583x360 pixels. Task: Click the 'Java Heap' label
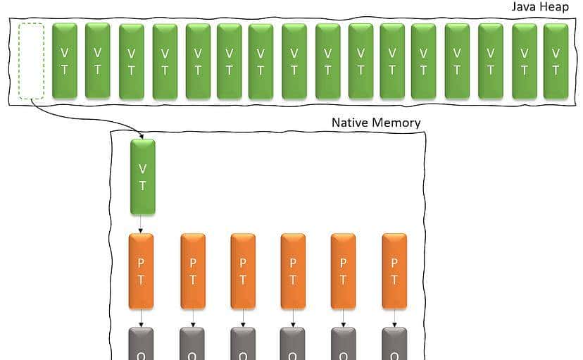pos(539,8)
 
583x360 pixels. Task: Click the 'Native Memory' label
pos(376,123)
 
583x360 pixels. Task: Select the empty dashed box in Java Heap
pos(31,61)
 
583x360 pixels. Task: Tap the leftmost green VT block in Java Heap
pos(64,61)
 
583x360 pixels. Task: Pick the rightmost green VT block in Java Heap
pos(556,61)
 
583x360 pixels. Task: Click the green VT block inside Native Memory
pos(143,177)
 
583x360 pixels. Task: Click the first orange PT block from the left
pos(141,271)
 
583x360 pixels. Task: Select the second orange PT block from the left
pos(193,271)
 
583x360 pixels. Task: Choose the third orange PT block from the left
pos(243,271)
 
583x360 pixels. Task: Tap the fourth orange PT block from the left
pos(293,271)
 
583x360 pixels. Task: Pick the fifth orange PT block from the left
pos(343,271)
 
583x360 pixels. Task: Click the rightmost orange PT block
pos(394,271)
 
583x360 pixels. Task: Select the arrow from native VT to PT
pos(142,224)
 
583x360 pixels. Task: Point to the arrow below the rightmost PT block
pos(394,318)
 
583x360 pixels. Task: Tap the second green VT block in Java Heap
pos(97,61)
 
